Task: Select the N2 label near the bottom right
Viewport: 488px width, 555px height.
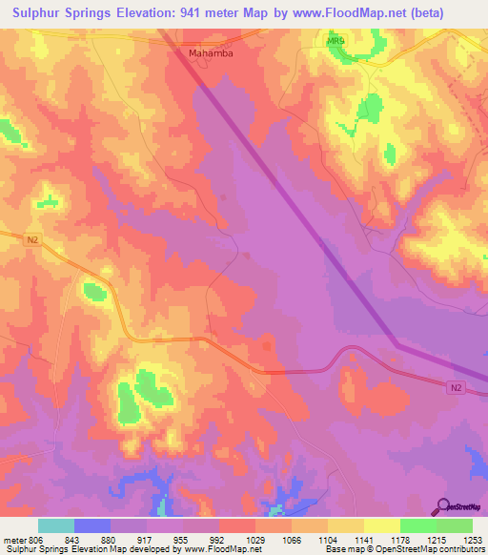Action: (x=459, y=387)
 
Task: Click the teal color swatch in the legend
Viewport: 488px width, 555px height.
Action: (x=56, y=525)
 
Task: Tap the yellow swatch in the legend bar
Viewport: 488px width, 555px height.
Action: (x=381, y=525)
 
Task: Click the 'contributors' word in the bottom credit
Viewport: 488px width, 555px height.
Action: (x=463, y=550)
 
